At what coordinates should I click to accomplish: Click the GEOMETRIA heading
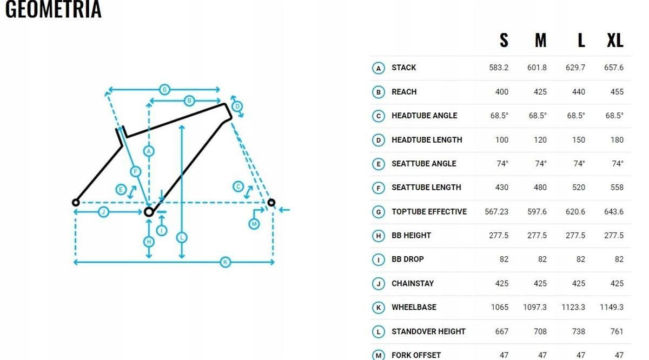tap(54, 9)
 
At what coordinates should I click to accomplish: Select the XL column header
tap(615, 41)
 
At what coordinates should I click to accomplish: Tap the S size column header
tap(504, 41)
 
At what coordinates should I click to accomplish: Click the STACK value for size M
tap(537, 68)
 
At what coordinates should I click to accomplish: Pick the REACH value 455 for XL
tap(617, 92)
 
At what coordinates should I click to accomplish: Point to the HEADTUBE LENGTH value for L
tap(578, 140)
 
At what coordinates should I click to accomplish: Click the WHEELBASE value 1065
tap(500, 307)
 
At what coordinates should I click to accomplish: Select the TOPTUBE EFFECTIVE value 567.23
tap(496, 212)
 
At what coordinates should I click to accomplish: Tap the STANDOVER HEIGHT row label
tap(428, 331)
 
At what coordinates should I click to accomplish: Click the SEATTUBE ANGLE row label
tap(424, 164)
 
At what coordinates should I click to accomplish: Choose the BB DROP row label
tap(408, 259)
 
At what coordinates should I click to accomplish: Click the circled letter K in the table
tap(379, 308)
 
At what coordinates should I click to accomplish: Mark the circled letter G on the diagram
tap(164, 90)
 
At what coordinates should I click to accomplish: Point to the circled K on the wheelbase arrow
tap(226, 262)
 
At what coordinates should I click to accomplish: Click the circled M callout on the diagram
tap(254, 224)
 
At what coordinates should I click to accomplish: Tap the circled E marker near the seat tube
tap(121, 190)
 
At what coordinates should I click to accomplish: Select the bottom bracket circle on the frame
tap(149, 212)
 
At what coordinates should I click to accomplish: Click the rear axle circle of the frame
tap(76, 203)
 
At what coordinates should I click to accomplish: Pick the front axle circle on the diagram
tap(271, 203)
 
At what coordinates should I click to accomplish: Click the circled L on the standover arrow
tap(182, 237)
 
